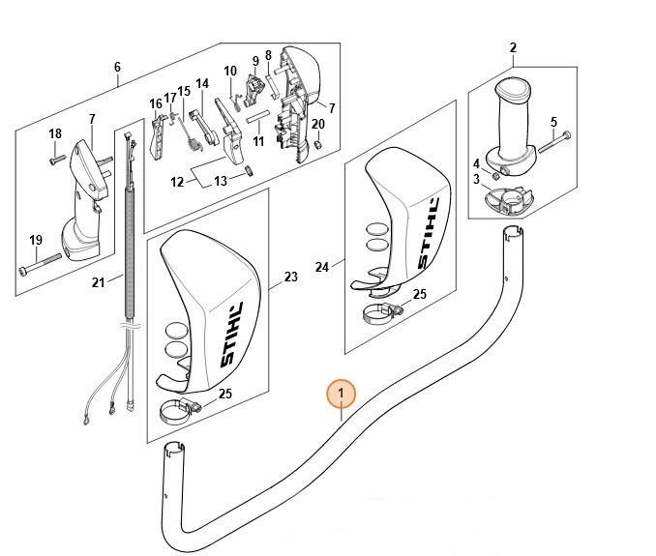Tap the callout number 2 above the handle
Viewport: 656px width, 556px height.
coord(513,47)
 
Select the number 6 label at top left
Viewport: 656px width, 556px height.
coord(117,68)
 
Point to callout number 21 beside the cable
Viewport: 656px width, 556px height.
coord(98,282)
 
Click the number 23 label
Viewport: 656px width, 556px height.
coord(290,277)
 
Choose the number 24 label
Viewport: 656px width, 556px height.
coord(322,266)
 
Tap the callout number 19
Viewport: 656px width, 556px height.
coord(36,240)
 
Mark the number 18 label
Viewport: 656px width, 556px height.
coord(55,133)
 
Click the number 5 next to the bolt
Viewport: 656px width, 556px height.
coord(553,122)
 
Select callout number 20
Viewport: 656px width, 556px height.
coord(317,124)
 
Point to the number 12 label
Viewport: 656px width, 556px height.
coord(177,182)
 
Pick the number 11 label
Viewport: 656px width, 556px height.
coord(258,141)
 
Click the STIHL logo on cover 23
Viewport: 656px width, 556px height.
coord(233,333)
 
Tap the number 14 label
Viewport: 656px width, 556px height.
coord(202,83)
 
